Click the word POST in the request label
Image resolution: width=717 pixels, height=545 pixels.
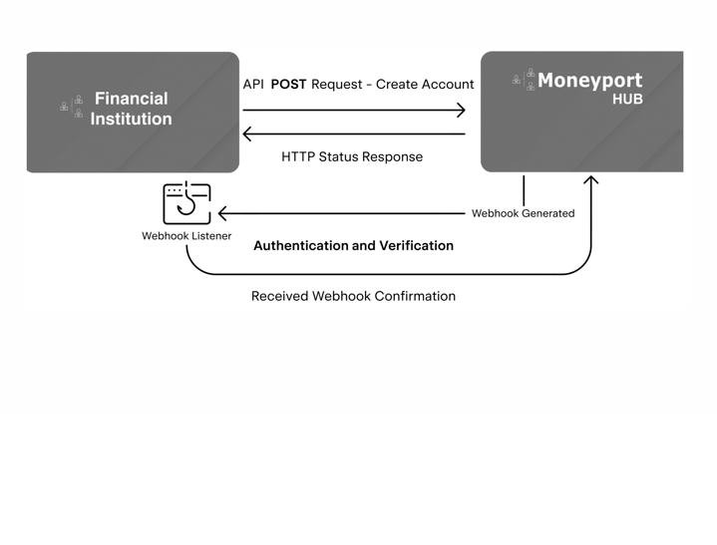pos(288,84)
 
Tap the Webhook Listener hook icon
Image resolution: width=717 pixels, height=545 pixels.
pos(186,203)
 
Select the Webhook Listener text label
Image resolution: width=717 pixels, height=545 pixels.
pos(186,236)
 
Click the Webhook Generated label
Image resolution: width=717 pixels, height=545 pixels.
pos(523,213)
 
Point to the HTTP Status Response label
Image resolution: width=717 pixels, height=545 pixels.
pos(352,156)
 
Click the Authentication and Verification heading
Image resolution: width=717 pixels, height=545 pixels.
pos(353,245)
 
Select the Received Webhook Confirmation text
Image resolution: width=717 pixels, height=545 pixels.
pos(353,296)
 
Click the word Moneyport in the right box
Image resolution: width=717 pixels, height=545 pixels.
pos(589,80)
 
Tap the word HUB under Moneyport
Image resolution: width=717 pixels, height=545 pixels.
pos(627,100)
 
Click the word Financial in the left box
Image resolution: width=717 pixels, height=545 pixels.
pos(132,98)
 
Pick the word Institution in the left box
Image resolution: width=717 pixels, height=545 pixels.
pos(132,119)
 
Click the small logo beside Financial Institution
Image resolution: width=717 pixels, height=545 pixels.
pos(72,107)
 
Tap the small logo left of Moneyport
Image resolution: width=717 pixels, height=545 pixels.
pos(524,79)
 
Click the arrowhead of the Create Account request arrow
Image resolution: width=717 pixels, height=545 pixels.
pos(460,110)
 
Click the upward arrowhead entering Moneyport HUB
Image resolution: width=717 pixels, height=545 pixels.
pos(590,181)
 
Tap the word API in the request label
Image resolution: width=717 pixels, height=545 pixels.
pos(253,84)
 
